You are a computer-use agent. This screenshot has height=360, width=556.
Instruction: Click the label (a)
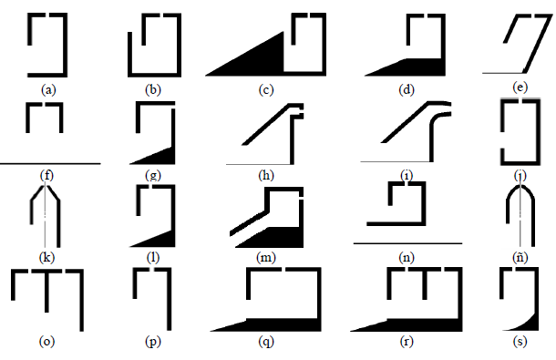coord(48,89)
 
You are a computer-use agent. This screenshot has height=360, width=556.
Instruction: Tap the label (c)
coord(266,89)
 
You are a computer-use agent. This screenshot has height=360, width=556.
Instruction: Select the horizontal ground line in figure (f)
coord(50,163)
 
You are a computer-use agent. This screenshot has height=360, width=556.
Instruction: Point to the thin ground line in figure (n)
coord(406,244)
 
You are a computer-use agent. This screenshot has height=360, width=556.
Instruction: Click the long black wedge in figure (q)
coord(273,324)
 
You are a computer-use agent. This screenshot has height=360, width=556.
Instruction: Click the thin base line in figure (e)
coord(506,72)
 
